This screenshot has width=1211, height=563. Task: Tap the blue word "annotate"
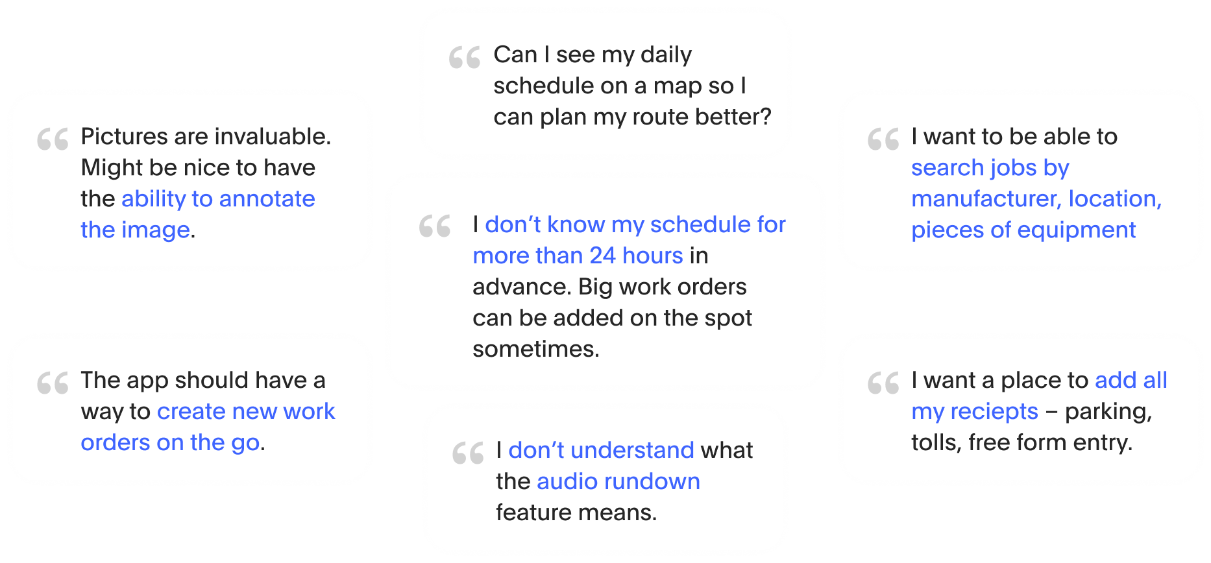267,198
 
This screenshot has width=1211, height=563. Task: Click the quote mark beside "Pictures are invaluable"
53,139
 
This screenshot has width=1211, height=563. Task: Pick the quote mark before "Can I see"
465,58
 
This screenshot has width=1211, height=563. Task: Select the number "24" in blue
602,256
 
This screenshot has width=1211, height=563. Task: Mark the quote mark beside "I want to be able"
883,139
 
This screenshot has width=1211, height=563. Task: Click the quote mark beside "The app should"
53,383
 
